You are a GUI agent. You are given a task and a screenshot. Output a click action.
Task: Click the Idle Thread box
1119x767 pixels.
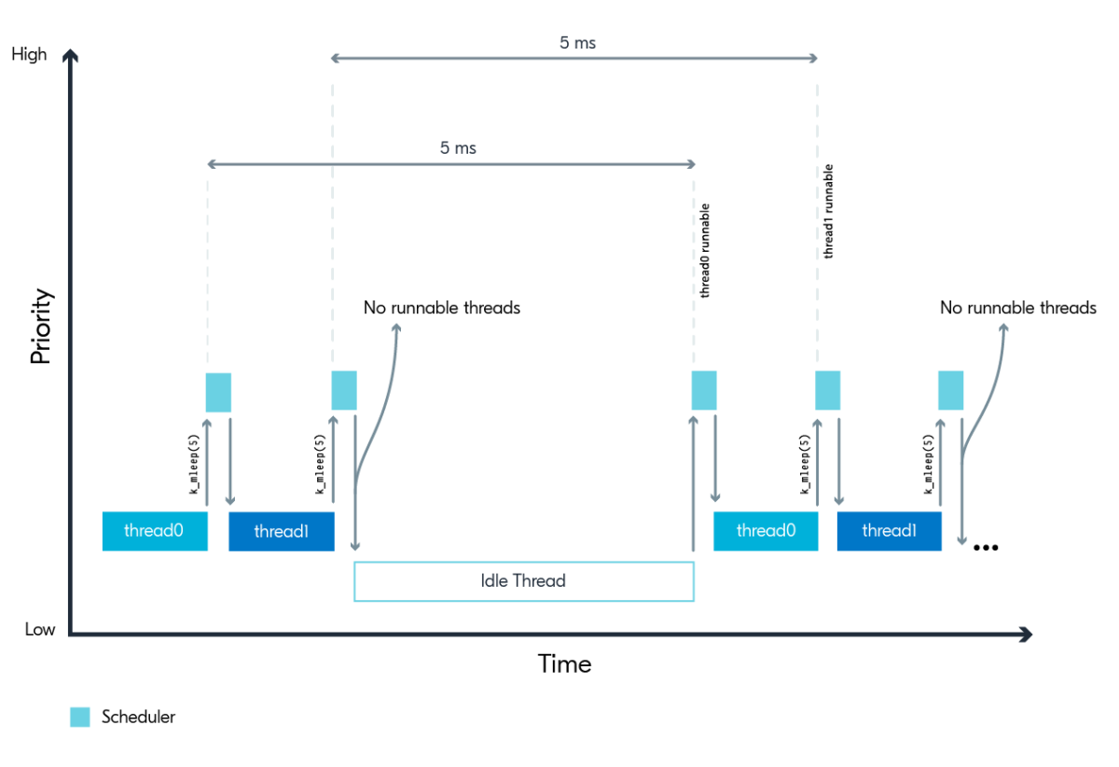coord(523,581)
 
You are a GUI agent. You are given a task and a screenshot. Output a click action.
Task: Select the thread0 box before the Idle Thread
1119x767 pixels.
coord(155,531)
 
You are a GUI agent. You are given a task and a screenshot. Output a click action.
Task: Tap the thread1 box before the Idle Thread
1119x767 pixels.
coord(281,531)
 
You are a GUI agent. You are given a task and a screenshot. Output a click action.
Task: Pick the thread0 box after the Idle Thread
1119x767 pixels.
coord(766,531)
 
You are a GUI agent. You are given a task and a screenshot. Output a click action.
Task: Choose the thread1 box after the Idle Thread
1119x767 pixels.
coord(889,531)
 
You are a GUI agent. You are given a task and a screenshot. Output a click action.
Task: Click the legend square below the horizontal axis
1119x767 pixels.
coord(80,717)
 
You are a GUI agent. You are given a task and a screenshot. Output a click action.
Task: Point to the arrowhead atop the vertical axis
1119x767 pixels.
coord(70,55)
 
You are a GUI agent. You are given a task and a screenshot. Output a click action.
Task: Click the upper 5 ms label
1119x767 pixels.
coord(577,43)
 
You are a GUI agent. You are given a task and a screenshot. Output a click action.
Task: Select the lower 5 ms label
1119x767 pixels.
coord(458,148)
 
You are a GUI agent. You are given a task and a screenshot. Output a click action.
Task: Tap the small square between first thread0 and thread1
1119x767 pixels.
coord(218,393)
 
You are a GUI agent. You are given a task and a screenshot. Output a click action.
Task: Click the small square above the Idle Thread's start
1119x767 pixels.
coord(344,390)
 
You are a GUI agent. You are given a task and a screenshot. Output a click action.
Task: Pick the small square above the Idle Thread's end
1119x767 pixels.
coord(704,390)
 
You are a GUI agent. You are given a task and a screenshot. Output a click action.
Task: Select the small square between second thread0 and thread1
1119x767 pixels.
coord(828,390)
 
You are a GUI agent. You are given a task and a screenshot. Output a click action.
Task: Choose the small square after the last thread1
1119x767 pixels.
coord(950,390)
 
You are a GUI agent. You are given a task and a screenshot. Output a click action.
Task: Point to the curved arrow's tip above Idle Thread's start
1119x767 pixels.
coord(397,327)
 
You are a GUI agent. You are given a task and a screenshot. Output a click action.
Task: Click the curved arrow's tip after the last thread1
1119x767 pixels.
coord(1004,327)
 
